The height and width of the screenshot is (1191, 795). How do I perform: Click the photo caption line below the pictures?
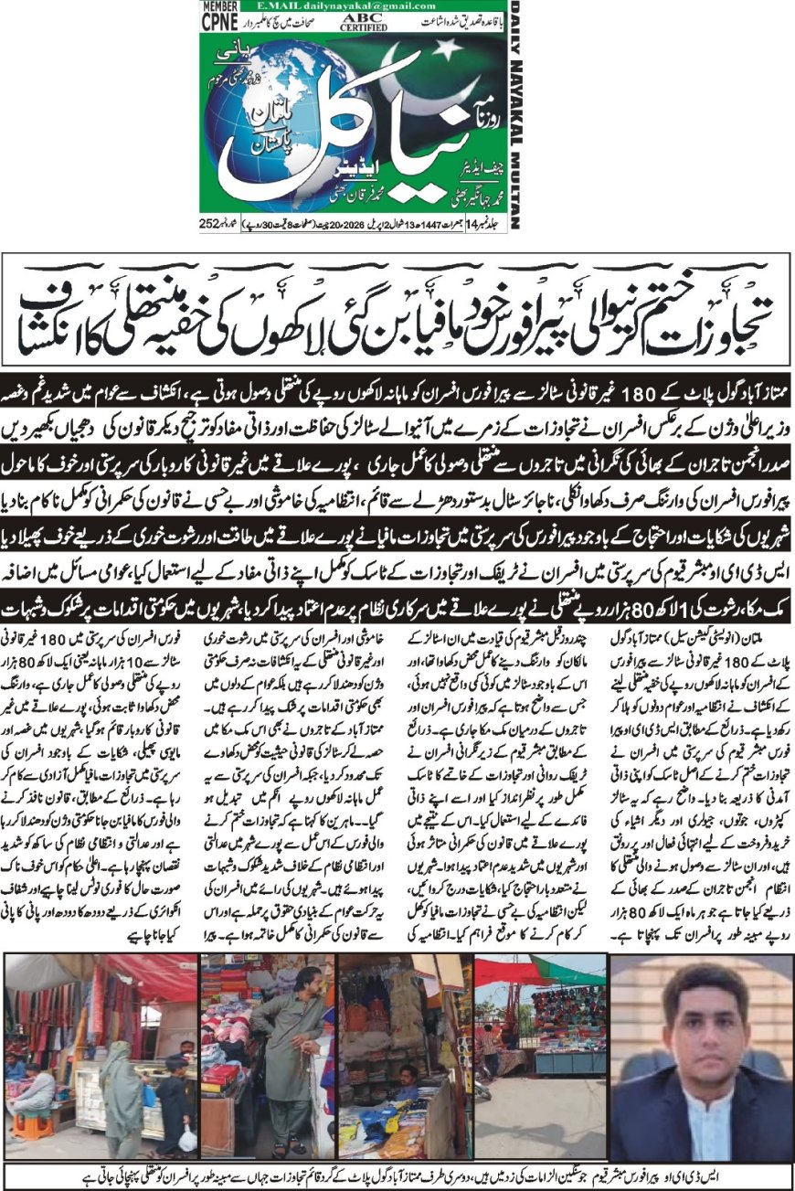pyautogui.click(x=397, y=1175)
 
